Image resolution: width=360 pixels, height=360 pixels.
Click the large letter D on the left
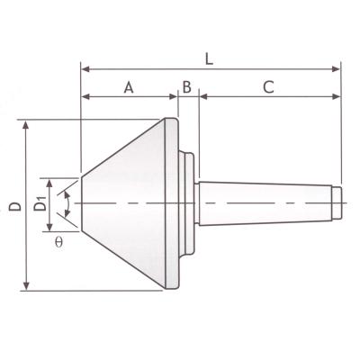click(14, 206)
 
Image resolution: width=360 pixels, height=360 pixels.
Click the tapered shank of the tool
click(261, 204)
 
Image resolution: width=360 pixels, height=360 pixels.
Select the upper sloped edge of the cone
click(121, 148)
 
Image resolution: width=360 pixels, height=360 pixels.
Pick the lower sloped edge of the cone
click(121, 261)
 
